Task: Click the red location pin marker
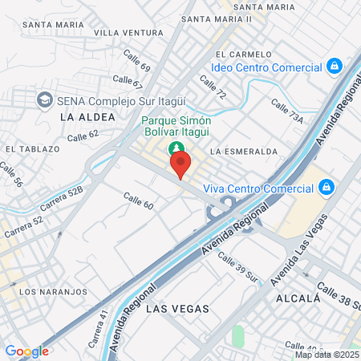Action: click(180, 164)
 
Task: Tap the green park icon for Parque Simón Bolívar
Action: click(175, 148)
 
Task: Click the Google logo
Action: click(26, 351)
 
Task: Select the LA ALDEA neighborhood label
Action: click(82, 117)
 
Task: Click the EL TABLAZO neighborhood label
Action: click(33, 149)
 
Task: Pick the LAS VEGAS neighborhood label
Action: click(178, 308)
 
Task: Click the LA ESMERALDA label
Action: click(243, 151)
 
